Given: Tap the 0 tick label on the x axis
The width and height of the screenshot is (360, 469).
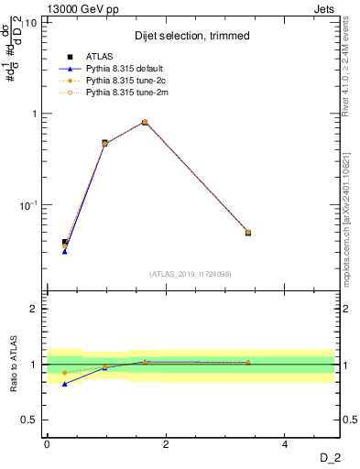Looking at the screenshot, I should [x=47, y=444].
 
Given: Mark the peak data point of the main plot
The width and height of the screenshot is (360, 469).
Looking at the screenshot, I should [x=145, y=122].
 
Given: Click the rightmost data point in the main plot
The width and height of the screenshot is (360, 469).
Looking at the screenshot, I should [x=248, y=233].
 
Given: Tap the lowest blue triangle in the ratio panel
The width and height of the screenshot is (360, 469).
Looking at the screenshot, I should [x=65, y=384].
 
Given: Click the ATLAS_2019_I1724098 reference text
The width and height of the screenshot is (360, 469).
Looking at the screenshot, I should [x=191, y=273].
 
